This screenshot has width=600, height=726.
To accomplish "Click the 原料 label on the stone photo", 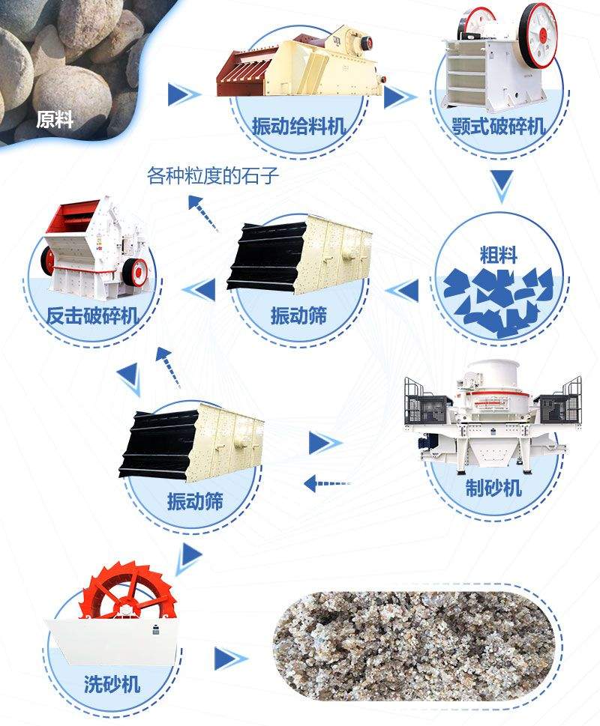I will pyautogui.click(x=55, y=120).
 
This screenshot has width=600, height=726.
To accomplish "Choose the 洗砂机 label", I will pyautogui.click(x=112, y=683).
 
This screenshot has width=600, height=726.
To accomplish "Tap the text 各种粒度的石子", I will pyautogui.click(x=213, y=177).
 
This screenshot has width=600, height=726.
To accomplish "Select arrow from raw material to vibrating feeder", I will pyautogui.click(x=183, y=94).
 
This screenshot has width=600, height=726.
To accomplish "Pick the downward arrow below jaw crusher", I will pyautogui.click(x=501, y=185).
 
